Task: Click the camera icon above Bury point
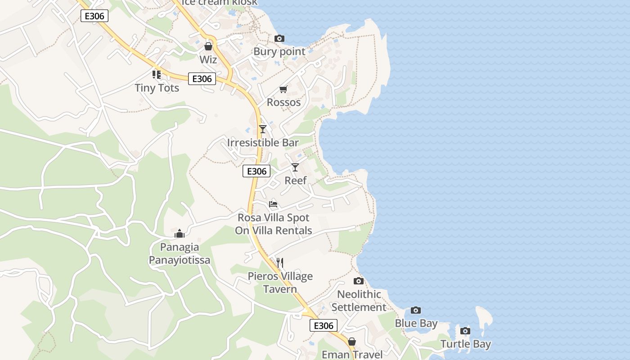[279, 39]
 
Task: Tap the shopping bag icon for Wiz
[208, 46]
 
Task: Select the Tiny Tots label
[157, 88]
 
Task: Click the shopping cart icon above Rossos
[283, 90]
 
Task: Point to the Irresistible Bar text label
[263, 143]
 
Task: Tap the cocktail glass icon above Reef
[295, 167]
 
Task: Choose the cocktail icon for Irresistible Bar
[263, 129]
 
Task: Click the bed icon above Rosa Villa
[273, 204]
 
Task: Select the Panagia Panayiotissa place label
[180, 253]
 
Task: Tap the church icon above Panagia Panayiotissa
[180, 234]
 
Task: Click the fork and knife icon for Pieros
[280, 263]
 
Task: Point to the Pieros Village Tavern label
[280, 282]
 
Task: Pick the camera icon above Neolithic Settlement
[359, 281]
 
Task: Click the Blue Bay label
[416, 323]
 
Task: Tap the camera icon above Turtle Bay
[465, 331]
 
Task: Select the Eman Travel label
[352, 355]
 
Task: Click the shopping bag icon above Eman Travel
[352, 342]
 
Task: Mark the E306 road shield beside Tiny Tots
[202, 79]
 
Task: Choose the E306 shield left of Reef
[256, 171]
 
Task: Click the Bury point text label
[279, 51]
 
